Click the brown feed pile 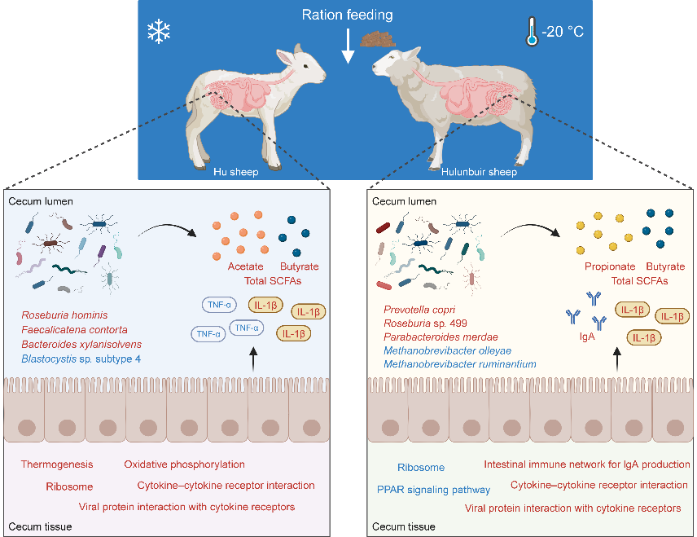tap(375, 38)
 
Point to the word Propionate tap(609, 266)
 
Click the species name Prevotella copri tap(421, 310)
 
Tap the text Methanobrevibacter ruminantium tap(459, 363)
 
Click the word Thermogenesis tap(57, 464)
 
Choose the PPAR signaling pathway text tap(433, 490)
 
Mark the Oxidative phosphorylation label tap(185, 464)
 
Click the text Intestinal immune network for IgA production tap(586, 464)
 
